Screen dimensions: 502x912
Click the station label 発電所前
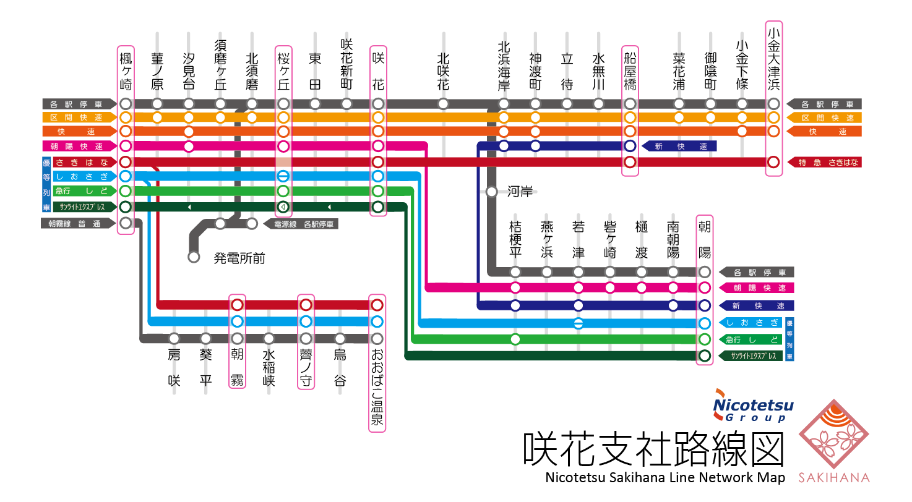(239, 258)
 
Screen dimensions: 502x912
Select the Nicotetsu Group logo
(753, 406)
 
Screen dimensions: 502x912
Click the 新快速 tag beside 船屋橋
(679, 147)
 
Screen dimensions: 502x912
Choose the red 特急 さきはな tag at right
(825, 162)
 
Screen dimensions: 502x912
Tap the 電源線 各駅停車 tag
(301, 224)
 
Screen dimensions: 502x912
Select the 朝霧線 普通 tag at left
(79, 223)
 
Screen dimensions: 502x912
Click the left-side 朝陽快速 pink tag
(79, 147)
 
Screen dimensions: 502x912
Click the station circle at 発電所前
(194, 257)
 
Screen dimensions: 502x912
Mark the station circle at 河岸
(492, 192)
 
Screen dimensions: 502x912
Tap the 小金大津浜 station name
(773, 59)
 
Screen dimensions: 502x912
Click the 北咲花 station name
(442, 71)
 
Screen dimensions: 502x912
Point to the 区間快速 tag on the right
(825, 117)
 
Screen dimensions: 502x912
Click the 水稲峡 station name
(269, 368)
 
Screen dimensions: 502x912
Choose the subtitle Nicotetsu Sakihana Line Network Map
(665, 478)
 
